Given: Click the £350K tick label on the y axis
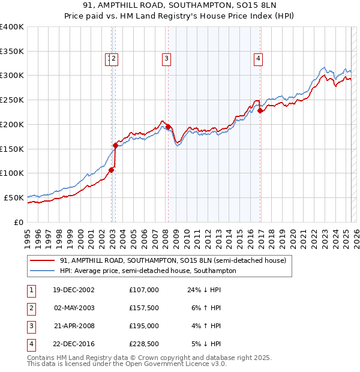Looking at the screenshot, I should pos(11,52).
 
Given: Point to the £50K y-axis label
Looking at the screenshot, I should pos(14,197).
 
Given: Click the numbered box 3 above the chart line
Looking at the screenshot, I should pos(166,58).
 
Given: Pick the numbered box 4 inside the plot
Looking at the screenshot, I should pos(258,58).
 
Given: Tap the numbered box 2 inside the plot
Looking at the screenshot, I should pos(114,58).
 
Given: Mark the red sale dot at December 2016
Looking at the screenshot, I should pos(260,110).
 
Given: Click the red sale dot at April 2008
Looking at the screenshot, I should pos(168,127).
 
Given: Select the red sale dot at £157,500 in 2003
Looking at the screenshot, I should pos(115,145).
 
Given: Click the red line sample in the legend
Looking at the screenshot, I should pos(42,260).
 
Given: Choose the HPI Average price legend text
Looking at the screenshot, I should pos(148,271).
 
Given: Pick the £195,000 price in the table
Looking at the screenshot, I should pos(144,326).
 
